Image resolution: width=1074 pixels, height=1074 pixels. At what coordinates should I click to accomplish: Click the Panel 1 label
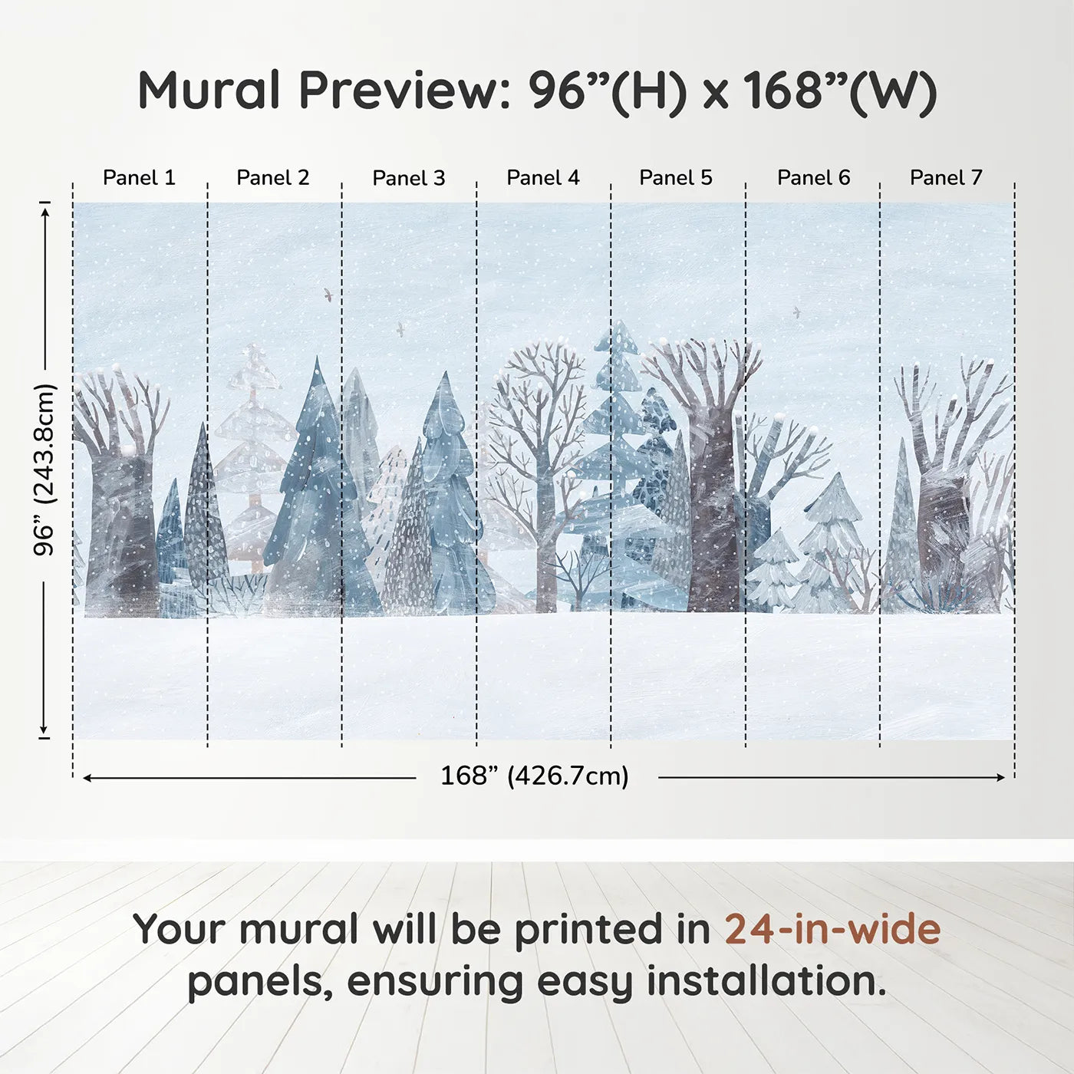point(139,178)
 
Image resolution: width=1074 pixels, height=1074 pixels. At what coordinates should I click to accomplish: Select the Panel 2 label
point(272,178)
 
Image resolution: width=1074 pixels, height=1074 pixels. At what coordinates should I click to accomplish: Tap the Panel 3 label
point(409,178)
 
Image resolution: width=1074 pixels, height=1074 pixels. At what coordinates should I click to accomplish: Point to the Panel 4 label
point(543,178)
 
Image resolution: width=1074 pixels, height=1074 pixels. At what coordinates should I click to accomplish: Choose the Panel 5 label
point(676,178)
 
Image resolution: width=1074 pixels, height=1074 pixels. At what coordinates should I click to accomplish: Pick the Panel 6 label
point(814,178)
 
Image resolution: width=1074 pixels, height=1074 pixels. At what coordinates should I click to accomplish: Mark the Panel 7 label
point(946,178)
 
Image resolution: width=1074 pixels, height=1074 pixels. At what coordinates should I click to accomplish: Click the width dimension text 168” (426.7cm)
point(535,776)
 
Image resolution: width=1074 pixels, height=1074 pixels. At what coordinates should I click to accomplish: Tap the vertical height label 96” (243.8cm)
point(44,469)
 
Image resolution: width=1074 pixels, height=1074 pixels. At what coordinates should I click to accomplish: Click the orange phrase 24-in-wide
point(832,929)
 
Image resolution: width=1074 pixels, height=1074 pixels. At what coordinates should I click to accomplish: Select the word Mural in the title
point(209,90)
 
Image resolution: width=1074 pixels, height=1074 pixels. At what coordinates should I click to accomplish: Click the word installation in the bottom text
point(766,981)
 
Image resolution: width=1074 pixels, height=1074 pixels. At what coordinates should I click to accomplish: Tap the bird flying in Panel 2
point(328,295)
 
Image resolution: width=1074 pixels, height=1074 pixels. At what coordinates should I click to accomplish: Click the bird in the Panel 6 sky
point(797,312)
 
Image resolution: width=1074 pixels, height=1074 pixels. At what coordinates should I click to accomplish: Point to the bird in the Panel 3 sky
point(400,329)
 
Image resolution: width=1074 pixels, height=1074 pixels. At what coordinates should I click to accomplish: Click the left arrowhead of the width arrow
point(87,777)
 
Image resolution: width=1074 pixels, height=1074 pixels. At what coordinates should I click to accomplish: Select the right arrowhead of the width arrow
point(1001,777)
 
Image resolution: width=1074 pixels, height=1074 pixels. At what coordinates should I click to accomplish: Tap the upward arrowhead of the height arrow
point(46,212)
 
